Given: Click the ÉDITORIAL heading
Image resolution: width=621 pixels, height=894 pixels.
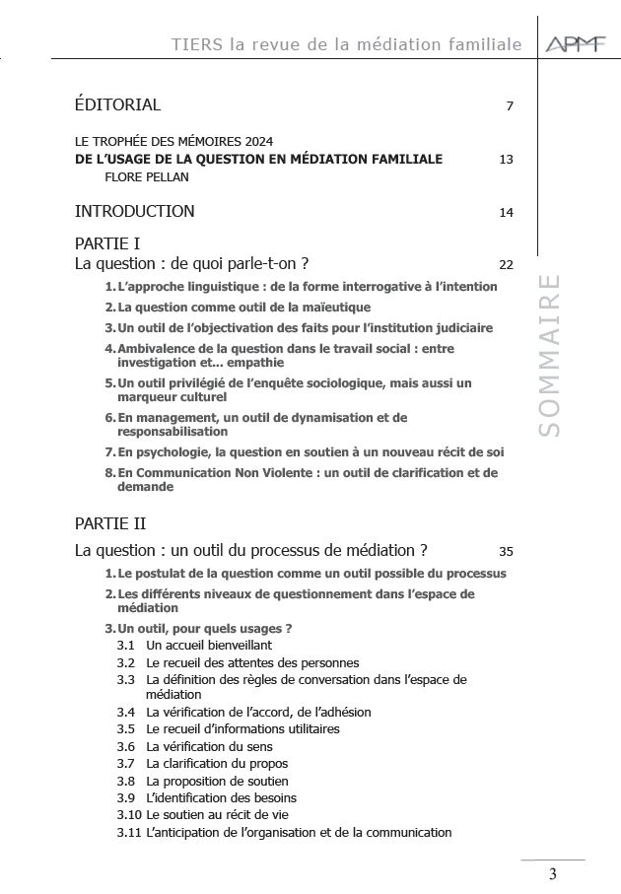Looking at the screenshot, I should pos(117,104).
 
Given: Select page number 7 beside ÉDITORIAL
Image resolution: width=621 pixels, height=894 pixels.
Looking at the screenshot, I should pos(510,106).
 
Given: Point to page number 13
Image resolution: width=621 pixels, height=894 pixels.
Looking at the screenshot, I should pos(507,160).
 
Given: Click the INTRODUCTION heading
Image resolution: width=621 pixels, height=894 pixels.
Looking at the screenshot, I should pos(135,211).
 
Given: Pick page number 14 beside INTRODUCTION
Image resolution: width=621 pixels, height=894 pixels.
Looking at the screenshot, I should pos(507,212).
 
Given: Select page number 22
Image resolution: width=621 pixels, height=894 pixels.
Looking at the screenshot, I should pos(507,265).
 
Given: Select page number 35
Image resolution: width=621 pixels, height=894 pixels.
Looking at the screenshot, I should pos(507,551).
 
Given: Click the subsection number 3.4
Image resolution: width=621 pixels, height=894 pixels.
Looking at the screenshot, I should pos(125,712).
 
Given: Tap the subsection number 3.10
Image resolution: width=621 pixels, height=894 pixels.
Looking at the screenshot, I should pos(128,815).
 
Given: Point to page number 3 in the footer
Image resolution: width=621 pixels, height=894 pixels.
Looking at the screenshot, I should pos(552,874).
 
